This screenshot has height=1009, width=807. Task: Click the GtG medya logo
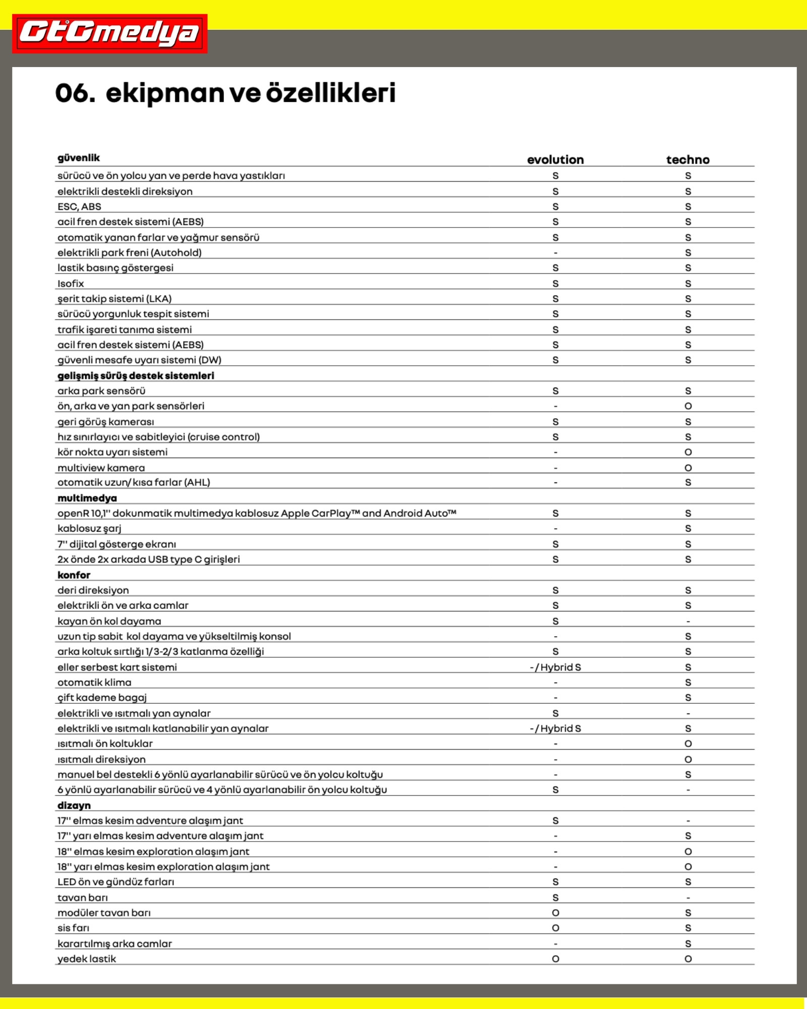pyautogui.click(x=109, y=33)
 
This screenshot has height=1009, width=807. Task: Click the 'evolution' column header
pyautogui.click(x=555, y=160)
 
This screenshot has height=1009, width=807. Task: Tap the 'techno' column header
pyautogui.click(x=687, y=160)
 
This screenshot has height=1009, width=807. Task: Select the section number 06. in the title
pyautogui.click(x=75, y=93)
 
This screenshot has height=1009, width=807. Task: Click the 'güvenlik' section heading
pyautogui.click(x=79, y=158)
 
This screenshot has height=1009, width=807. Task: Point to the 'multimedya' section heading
pyautogui.click(x=87, y=498)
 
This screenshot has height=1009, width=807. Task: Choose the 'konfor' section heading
pyautogui.click(x=74, y=575)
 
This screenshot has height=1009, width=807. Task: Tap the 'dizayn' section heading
pyautogui.click(x=74, y=805)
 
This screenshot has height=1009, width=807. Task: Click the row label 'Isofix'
pyautogui.click(x=71, y=284)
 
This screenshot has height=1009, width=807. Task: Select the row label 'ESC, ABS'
pyautogui.click(x=79, y=206)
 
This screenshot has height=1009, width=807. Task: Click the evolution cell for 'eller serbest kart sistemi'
pyautogui.click(x=555, y=667)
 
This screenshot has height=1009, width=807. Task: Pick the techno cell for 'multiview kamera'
pyautogui.click(x=688, y=468)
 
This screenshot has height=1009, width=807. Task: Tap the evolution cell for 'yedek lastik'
pyautogui.click(x=555, y=959)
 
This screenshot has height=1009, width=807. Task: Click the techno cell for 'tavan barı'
pyautogui.click(x=688, y=898)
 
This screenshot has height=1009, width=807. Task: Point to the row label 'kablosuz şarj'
pyautogui.click(x=89, y=529)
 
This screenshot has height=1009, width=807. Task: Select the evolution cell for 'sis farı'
pyautogui.click(x=555, y=928)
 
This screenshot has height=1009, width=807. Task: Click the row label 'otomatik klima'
pyautogui.click(x=94, y=683)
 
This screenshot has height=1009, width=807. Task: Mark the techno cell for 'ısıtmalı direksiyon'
pyautogui.click(x=688, y=759)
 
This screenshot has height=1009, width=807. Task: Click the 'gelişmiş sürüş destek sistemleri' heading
pyautogui.click(x=136, y=375)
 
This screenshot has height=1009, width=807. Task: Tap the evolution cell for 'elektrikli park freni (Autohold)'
pyautogui.click(x=555, y=253)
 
